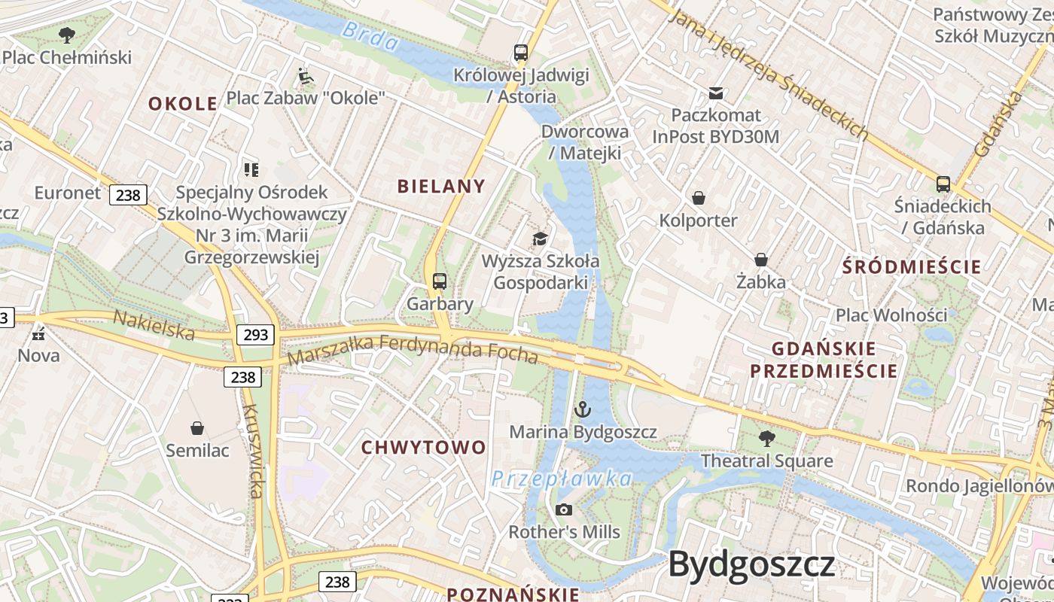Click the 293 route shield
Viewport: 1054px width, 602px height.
point(256,335)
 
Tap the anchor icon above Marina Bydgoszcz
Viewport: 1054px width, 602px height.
point(582,409)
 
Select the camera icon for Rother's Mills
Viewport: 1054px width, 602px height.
point(563,510)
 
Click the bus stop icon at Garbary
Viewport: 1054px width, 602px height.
point(440,281)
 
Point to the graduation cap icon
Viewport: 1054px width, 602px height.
point(540,239)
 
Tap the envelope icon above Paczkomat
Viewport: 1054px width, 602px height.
point(715,93)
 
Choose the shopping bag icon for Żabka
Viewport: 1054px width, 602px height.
point(761,260)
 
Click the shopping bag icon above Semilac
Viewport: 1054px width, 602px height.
point(197,428)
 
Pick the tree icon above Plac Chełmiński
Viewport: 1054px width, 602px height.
point(67,34)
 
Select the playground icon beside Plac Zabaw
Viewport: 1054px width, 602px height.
point(306,76)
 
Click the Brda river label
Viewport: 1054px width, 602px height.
point(369,36)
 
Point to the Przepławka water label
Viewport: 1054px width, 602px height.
point(562,479)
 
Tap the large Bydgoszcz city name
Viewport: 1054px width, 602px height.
point(751,564)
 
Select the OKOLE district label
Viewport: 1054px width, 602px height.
point(183,104)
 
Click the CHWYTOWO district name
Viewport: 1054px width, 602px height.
point(424,448)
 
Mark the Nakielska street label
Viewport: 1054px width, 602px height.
point(154,325)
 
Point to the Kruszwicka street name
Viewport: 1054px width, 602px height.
point(254,451)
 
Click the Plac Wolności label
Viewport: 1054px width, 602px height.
point(891,315)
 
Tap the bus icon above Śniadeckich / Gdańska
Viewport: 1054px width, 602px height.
point(943,184)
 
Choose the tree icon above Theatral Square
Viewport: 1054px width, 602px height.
point(767,438)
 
